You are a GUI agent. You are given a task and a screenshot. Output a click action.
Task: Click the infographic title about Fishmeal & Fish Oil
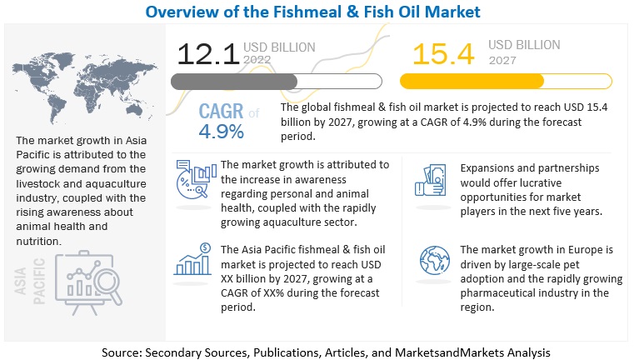point(317,12)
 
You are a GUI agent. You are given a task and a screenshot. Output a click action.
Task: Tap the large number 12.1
point(207,54)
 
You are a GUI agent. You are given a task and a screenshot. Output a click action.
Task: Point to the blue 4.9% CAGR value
point(221,132)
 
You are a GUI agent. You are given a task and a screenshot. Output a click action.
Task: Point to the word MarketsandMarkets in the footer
point(446,352)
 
